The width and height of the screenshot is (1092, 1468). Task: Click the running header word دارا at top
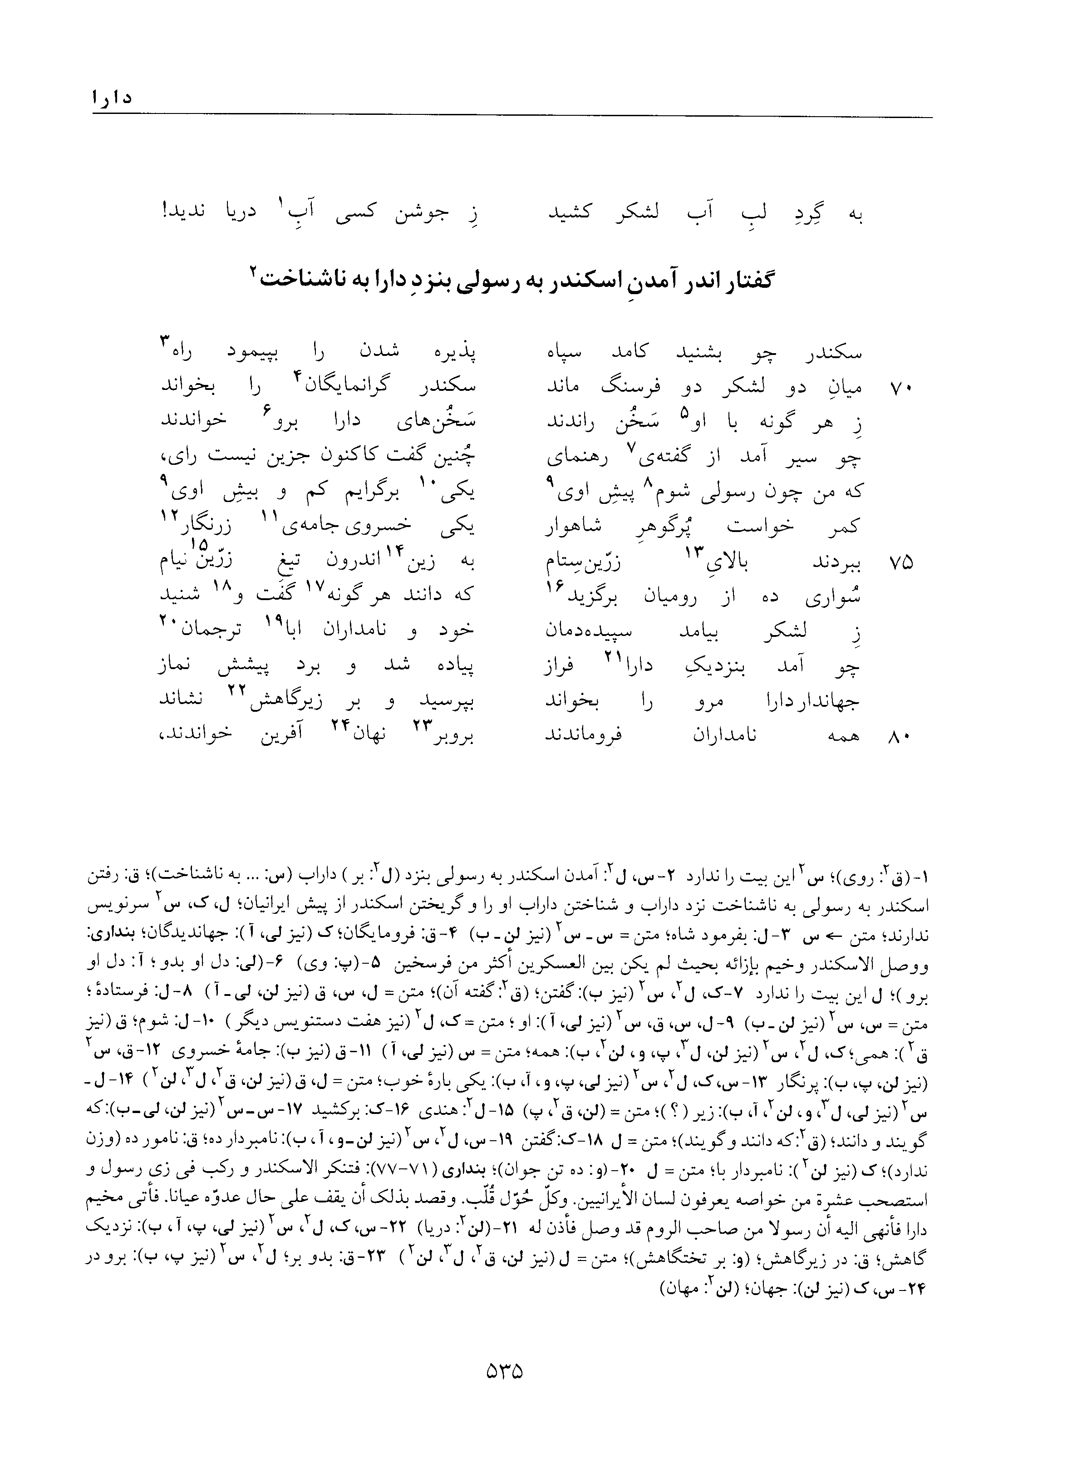(113, 98)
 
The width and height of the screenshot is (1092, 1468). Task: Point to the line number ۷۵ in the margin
(900, 562)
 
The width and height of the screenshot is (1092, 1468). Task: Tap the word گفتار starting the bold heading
(740, 281)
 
